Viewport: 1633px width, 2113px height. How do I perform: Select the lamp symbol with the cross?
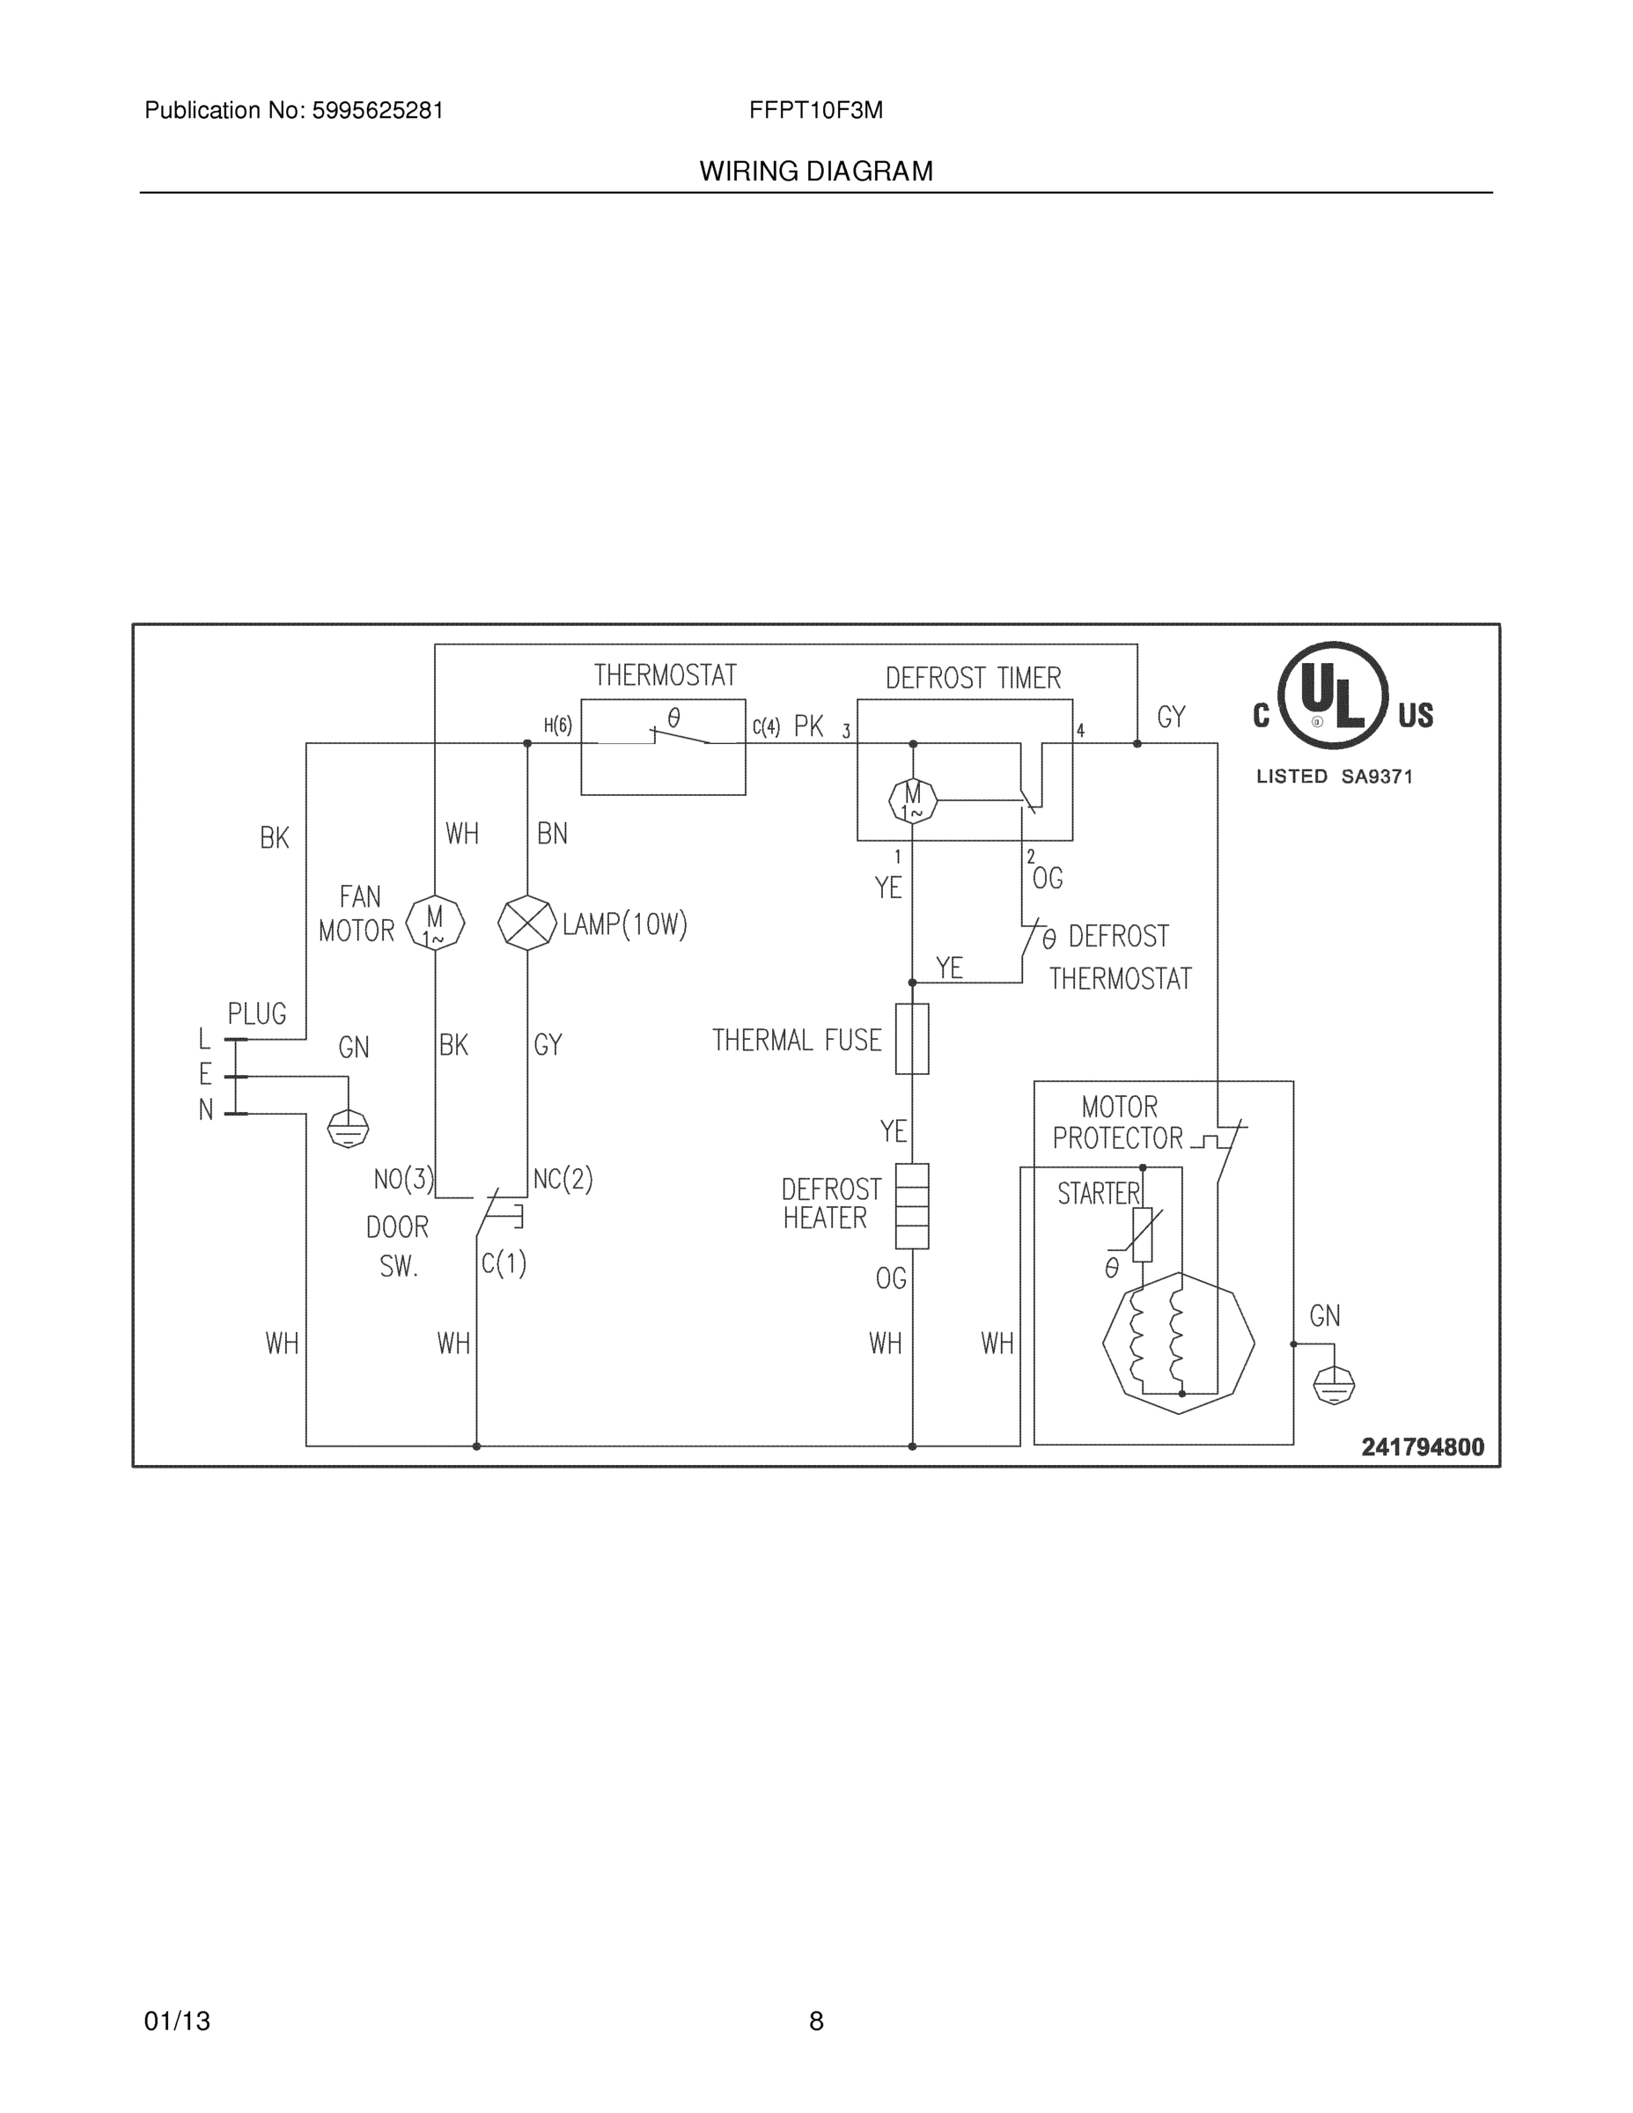pyautogui.click(x=527, y=923)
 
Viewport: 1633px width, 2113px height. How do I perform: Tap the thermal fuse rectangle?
pyautogui.click(x=912, y=1038)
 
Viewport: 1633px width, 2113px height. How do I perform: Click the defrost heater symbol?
pyautogui.click(x=912, y=1205)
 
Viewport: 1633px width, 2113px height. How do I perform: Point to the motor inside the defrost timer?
pyautogui.click(x=912, y=800)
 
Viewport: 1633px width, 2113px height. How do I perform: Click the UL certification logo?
pyautogui.click(x=1333, y=696)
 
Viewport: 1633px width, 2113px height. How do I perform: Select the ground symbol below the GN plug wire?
pyautogui.click(x=349, y=1128)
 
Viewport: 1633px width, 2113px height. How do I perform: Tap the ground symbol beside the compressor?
pyautogui.click(x=1333, y=1386)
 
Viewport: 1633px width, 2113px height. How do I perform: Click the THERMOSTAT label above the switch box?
pyautogui.click(x=665, y=675)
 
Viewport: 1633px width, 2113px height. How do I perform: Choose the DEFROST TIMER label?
pyautogui.click(x=974, y=678)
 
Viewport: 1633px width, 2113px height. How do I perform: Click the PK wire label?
pyautogui.click(x=809, y=726)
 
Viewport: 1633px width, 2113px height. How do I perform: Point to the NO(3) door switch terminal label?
pyautogui.click(x=403, y=1180)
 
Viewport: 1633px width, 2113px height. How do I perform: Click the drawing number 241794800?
pyautogui.click(x=1422, y=1447)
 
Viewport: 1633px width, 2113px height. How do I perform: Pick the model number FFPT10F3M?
pyautogui.click(x=815, y=110)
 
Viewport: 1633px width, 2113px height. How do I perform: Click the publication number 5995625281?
pyautogui.click(x=378, y=110)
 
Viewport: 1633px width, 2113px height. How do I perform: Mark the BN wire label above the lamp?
pyautogui.click(x=551, y=834)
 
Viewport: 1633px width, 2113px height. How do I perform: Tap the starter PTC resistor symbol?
pyautogui.click(x=1143, y=1234)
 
